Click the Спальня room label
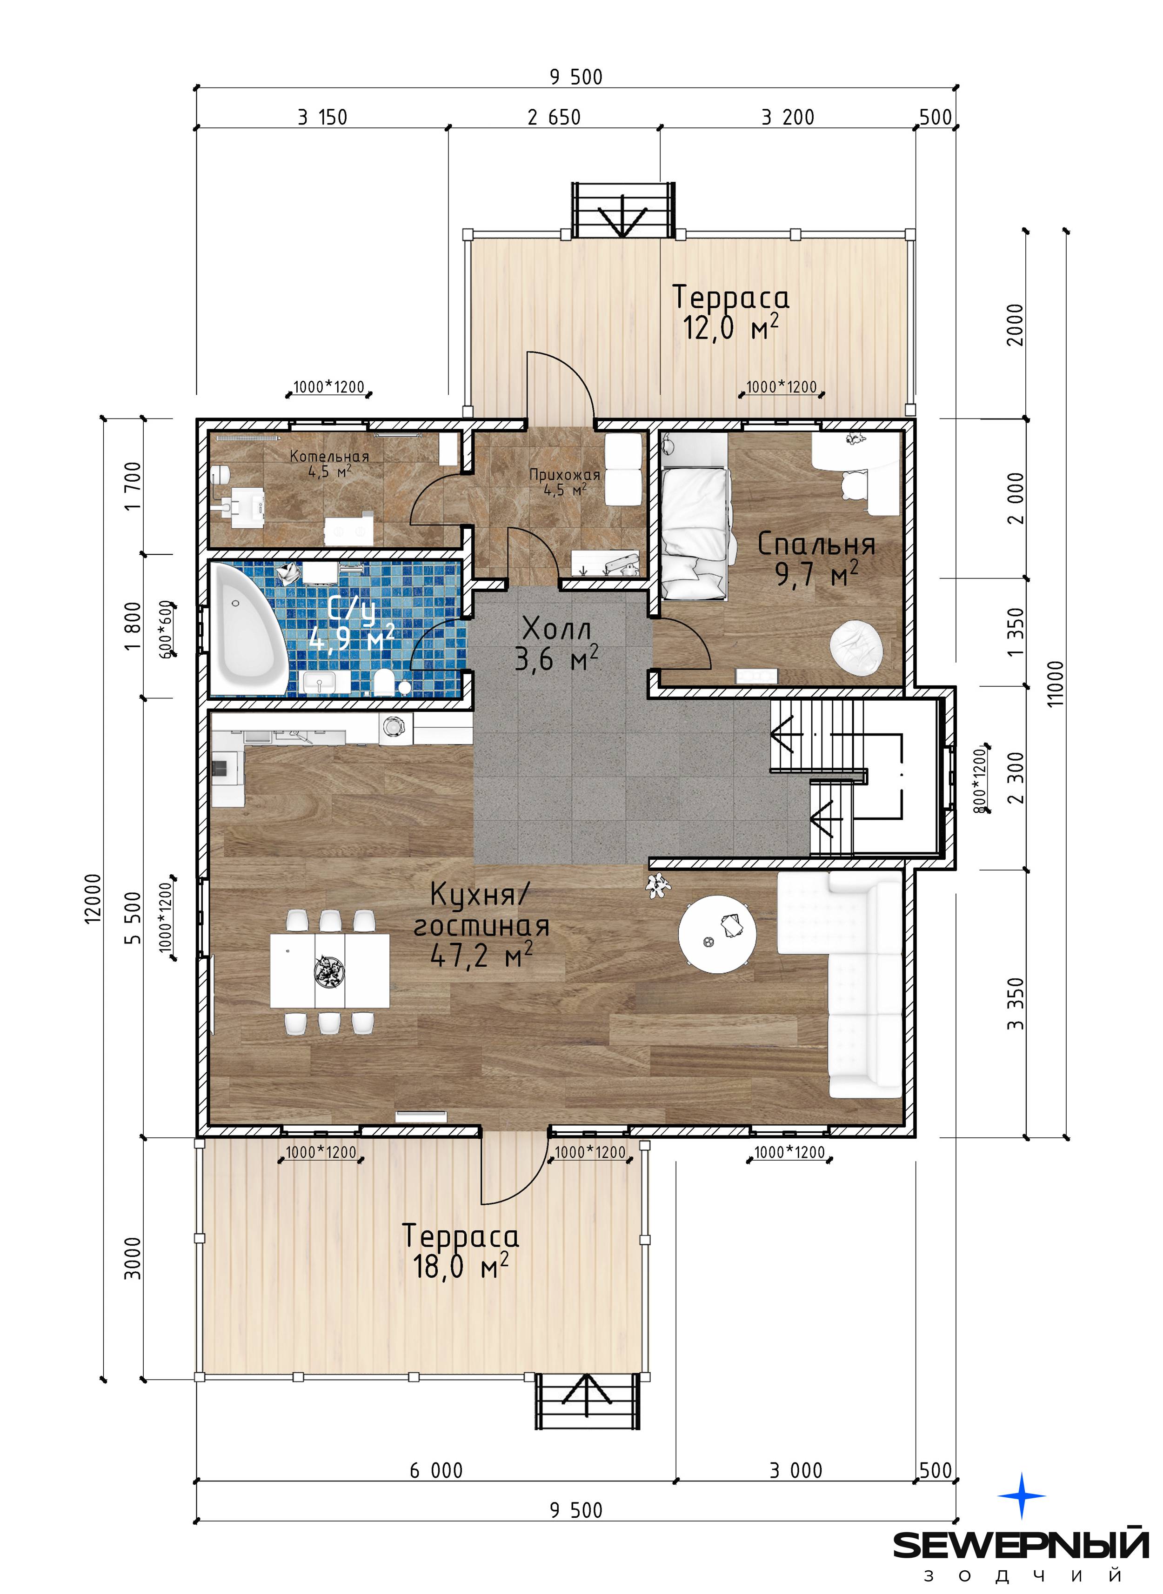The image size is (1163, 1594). (x=816, y=545)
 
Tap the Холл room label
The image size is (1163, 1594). (x=556, y=628)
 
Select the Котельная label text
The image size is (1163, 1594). (x=329, y=457)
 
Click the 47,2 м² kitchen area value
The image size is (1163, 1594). (x=481, y=956)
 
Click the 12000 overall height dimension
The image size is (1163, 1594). (x=94, y=898)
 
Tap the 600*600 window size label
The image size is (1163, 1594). (x=166, y=629)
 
